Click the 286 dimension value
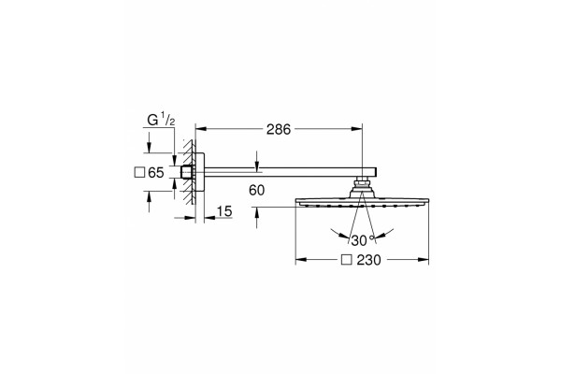tap(279, 130)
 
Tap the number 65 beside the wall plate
tap(155, 173)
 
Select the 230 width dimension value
tap(368, 260)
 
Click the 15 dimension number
tap(224, 211)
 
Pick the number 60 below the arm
tap(257, 191)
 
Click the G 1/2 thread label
tap(161, 121)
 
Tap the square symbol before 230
tap(346, 260)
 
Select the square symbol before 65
tap(139, 172)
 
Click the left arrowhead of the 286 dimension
tap(201, 129)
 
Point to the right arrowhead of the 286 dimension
tap(356, 129)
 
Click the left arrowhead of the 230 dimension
tap(301, 260)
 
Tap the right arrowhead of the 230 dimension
tap(423, 260)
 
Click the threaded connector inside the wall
tap(187, 172)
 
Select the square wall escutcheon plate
tap(200, 172)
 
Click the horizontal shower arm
tap(291, 172)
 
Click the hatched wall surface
tap(189, 172)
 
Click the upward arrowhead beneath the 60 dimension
tap(256, 213)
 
